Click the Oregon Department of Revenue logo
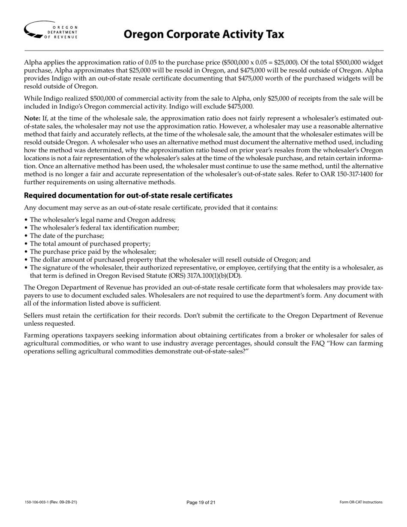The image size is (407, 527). pos(51,30)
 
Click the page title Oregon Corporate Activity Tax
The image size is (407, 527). pos(203,34)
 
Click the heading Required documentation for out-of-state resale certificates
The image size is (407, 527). pos(128,195)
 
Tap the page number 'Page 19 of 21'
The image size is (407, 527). pos(201,502)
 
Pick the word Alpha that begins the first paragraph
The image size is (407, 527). pos(33,62)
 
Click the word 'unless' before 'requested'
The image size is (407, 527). pos(33,323)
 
